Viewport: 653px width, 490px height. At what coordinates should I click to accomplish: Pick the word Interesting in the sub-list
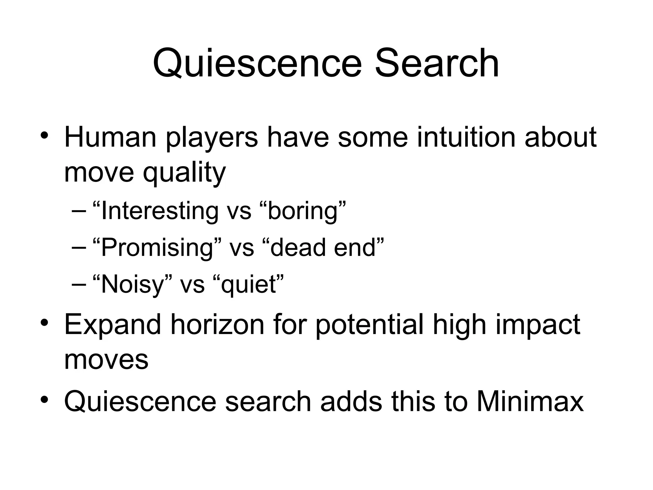[160, 211]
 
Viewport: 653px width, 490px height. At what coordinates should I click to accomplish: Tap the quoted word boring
[303, 211]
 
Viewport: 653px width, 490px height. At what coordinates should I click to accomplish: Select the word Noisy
[132, 284]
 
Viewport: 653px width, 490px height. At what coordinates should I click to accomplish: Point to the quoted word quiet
[248, 284]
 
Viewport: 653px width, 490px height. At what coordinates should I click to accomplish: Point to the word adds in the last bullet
[351, 401]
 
